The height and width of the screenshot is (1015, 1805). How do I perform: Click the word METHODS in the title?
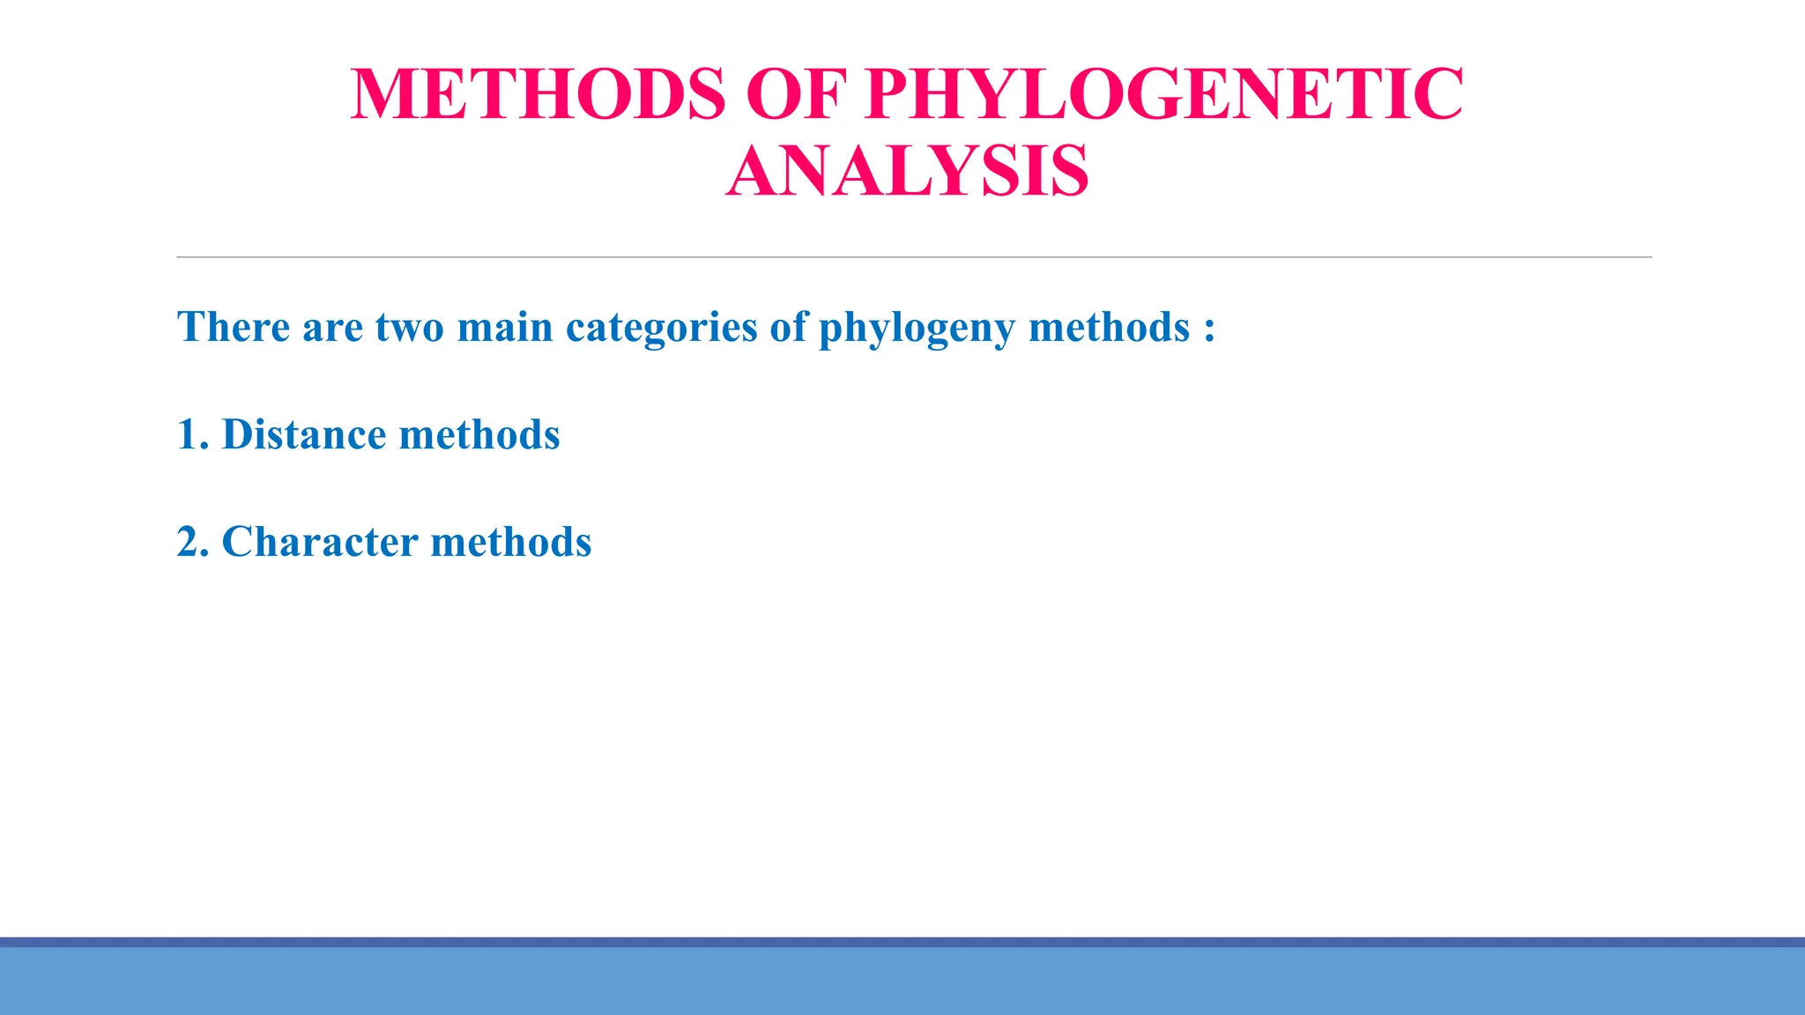pyautogui.click(x=538, y=94)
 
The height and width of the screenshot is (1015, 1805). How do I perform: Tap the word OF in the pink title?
pyautogui.click(x=796, y=94)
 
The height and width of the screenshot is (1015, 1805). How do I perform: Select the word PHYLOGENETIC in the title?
pyautogui.click(x=1164, y=94)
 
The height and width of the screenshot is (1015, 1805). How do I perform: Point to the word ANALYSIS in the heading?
pyautogui.click(x=907, y=172)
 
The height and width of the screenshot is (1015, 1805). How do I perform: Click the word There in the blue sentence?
pyautogui.click(x=234, y=327)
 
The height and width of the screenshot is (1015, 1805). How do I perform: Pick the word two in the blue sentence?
pyautogui.click(x=409, y=327)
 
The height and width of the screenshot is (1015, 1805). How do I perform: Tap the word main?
pyautogui.click(x=505, y=327)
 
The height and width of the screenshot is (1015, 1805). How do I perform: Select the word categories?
pyautogui.click(x=661, y=329)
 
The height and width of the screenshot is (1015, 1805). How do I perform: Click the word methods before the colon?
pyautogui.click(x=1109, y=327)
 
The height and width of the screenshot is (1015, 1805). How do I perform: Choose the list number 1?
pyautogui.click(x=188, y=434)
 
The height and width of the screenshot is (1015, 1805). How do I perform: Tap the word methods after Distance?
pyautogui.click(x=479, y=434)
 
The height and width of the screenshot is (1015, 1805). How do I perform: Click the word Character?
pyautogui.click(x=320, y=542)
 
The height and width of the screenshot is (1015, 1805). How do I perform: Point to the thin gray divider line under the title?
pyautogui.click(x=914, y=257)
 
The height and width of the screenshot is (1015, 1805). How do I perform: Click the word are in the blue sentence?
pyautogui.click(x=332, y=328)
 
